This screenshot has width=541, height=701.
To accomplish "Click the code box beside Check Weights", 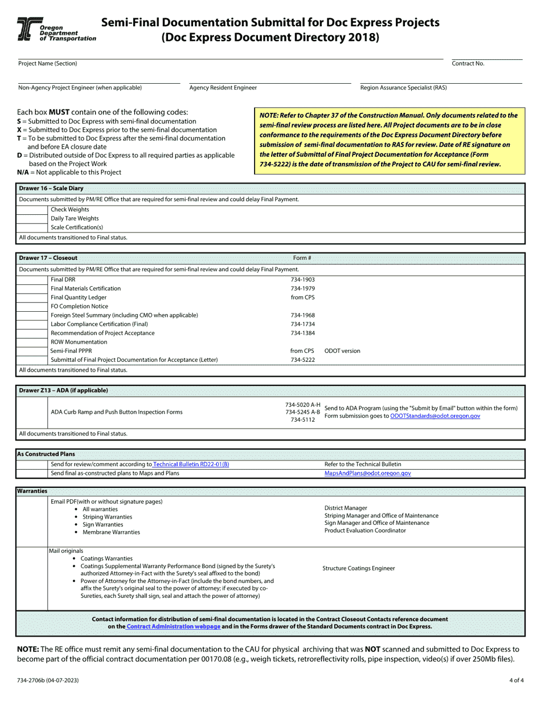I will [x=32, y=210].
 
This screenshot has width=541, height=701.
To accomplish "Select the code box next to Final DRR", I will [x=32, y=280].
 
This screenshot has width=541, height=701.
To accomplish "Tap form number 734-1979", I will [x=302, y=289].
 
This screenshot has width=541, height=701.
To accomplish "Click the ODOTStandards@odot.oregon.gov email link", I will [x=435, y=417].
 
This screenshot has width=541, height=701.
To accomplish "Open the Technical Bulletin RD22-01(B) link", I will [x=191, y=464].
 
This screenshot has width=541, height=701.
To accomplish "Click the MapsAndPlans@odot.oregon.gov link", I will [x=367, y=473].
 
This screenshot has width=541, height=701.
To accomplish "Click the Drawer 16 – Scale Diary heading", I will [x=51, y=188].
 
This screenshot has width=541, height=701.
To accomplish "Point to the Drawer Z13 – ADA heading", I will [x=63, y=390].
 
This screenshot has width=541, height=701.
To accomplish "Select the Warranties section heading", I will [x=32, y=491].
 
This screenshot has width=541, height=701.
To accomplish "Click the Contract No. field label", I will [x=468, y=64].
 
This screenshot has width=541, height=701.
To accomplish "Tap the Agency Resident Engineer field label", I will [x=223, y=88].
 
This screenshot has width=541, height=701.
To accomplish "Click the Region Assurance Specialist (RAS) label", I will [x=403, y=88].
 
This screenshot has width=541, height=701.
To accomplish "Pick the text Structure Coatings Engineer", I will [x=358, y=568].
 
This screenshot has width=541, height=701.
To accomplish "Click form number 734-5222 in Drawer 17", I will [x=302, y=360].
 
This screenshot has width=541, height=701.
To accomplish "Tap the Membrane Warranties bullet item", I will [x=111, y=532].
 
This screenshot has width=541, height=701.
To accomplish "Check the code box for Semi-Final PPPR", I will [x=32, y=351].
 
